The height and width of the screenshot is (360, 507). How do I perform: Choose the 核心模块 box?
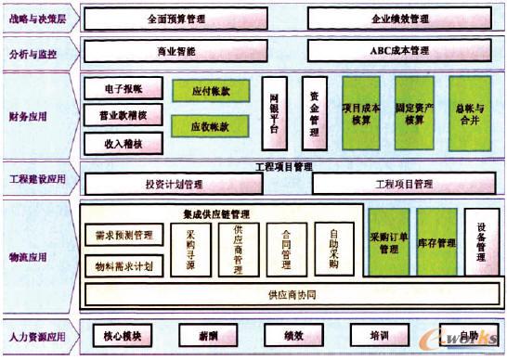coord(122,335)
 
